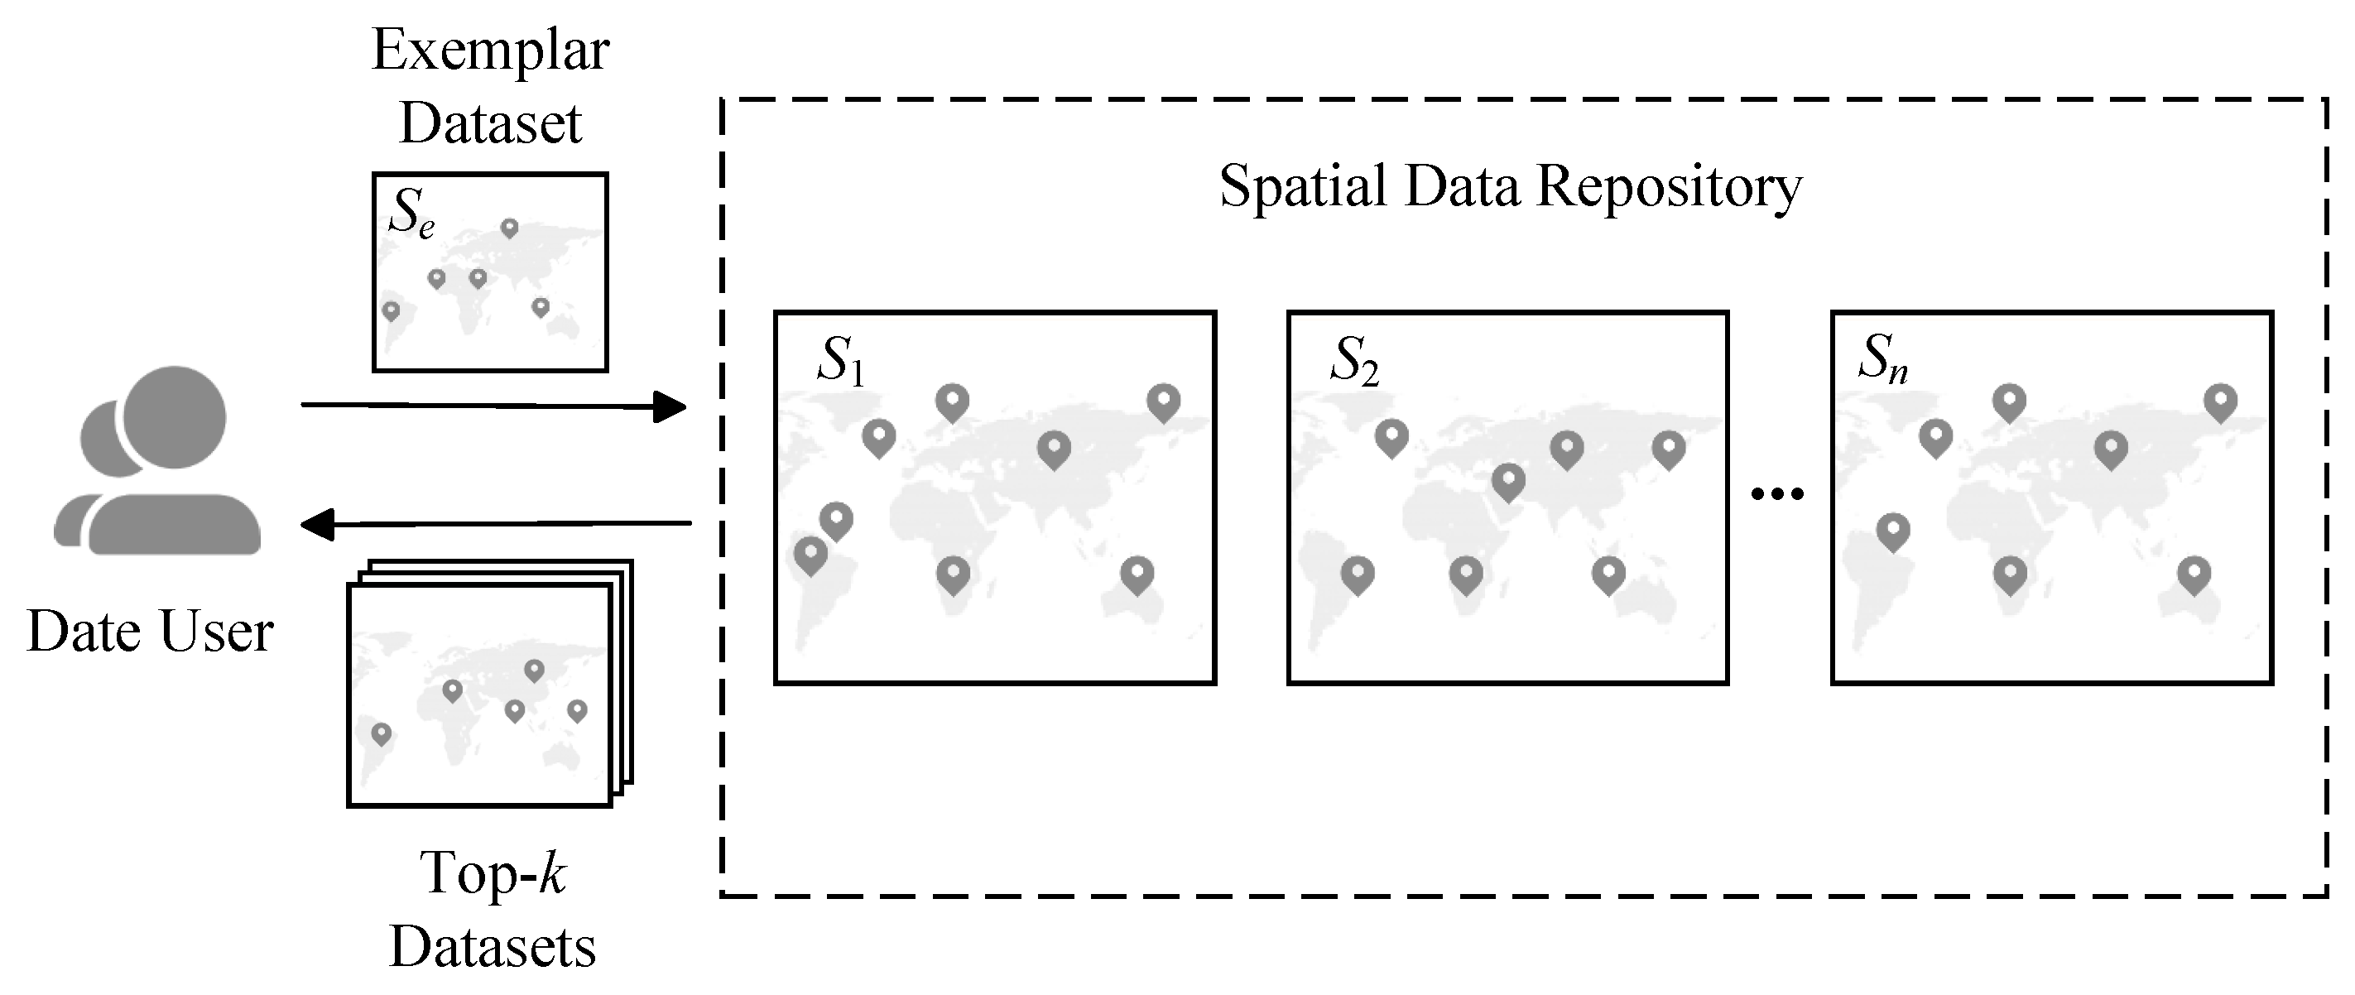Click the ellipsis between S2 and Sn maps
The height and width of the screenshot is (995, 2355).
pyautogui.click(x=1777, y=495)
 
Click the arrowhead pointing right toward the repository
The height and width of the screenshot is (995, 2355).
pyautogui.click(x=670, y=406)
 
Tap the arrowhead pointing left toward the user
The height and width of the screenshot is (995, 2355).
pyautogui.click(x=316, y=525)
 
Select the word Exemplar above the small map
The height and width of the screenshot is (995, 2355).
pyautogui.click(x=490, y=50)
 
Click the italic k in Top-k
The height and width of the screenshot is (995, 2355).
pyautogui.click(x=552, y=872)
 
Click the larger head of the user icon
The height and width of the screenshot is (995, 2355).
pyautogui.click(x=175, y=417)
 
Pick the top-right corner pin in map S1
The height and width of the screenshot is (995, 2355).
pyautogui.click(x=1163, y=401)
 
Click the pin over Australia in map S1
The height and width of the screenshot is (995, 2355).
pyautogui.click(x=1137, y=574)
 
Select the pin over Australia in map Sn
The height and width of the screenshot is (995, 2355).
pyautogui.click(x=2194, y=574)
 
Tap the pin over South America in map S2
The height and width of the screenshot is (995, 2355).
pyautogui.click(x=1358, y=574)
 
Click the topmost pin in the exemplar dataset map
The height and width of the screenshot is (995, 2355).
pyautogui.click(x=509, y=228)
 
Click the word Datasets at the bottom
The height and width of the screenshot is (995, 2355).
pyautogui.click(x=492, y=948)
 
